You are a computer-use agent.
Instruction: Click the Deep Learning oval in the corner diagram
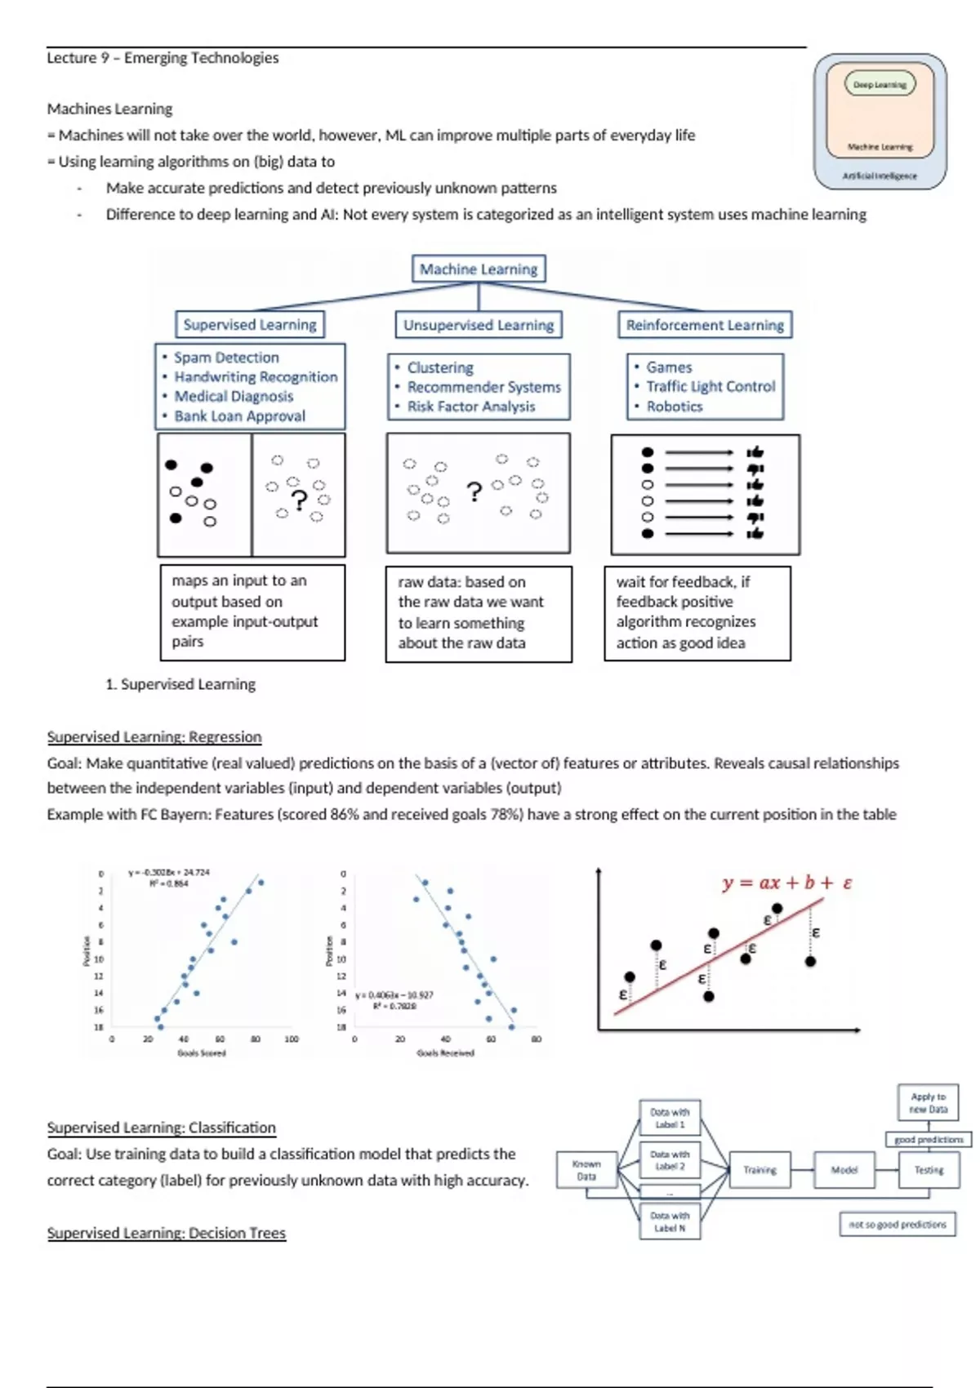880,84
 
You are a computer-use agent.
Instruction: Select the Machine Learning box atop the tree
479,269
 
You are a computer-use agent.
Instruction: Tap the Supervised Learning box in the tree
249,324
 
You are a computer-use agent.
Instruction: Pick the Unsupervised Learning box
479,324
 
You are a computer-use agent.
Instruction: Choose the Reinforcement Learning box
705,324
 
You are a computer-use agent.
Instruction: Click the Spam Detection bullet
226,358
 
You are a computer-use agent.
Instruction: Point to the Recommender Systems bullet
483,387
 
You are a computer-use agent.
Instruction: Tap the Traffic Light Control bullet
710,386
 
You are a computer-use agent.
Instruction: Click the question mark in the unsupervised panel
474,492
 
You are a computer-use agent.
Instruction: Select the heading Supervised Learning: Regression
154,736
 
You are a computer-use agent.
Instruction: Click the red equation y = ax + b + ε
787,883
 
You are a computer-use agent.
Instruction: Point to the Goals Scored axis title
202,1053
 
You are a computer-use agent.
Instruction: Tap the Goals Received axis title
445,1053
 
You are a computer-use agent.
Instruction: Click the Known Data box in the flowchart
586,1170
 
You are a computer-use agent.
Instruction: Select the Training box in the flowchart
759,1170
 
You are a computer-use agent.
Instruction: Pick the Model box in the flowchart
844,1170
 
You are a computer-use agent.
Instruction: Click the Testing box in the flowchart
929,1170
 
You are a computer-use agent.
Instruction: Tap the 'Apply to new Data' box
929,1103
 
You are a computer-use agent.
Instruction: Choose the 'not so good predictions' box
898,1224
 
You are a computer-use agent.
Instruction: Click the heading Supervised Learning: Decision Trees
167,1233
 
